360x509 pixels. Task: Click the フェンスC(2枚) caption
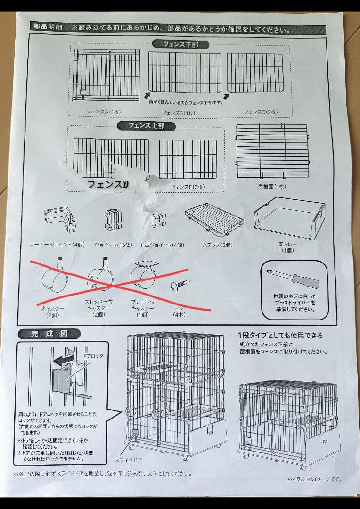261,112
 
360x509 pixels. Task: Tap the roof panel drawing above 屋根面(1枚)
272,150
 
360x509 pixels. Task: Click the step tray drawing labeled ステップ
215,220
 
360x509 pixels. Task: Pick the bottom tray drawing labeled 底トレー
289,219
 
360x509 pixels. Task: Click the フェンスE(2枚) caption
187,187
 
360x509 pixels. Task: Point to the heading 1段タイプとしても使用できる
280,336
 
